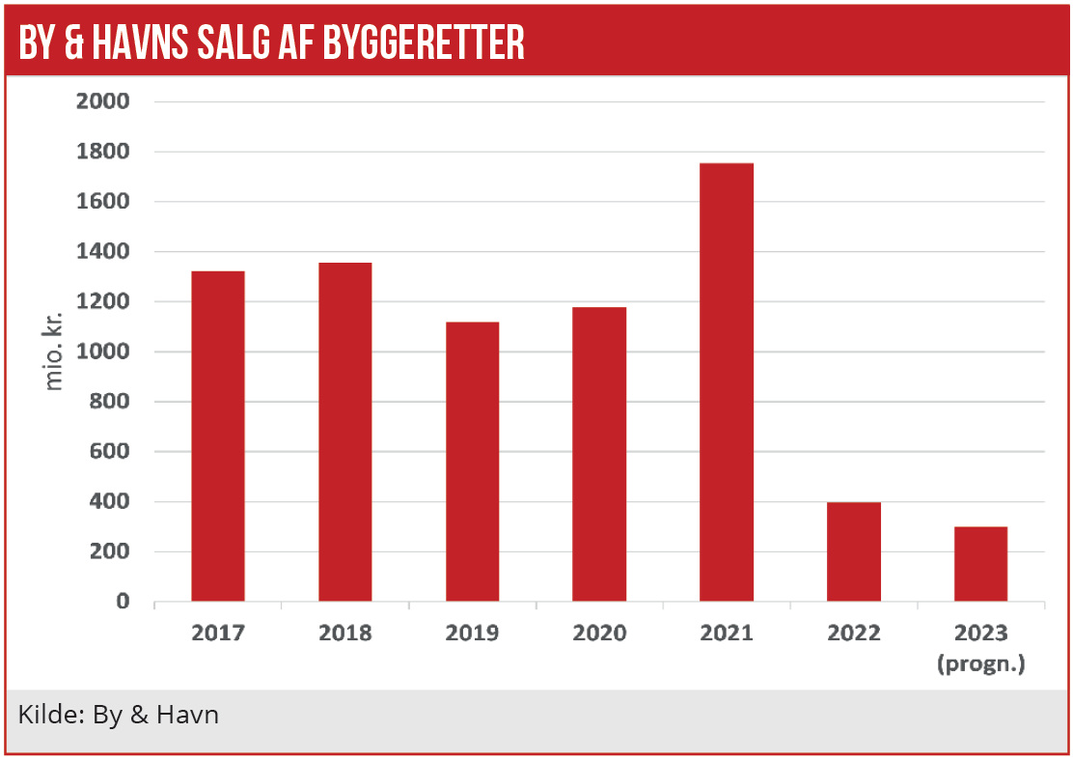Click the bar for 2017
(218, 437)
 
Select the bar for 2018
(345, 432)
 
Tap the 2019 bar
(472, 462)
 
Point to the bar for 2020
(599, 454)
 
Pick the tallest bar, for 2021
(727, 382)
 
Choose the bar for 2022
(854, 551)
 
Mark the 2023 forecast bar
(980, 564)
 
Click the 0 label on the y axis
(123, 602)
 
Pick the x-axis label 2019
(472, 634)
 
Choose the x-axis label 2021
(727, 634)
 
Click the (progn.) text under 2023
(980, 664)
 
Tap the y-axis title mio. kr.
(54, 352)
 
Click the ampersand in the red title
(84, 43)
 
